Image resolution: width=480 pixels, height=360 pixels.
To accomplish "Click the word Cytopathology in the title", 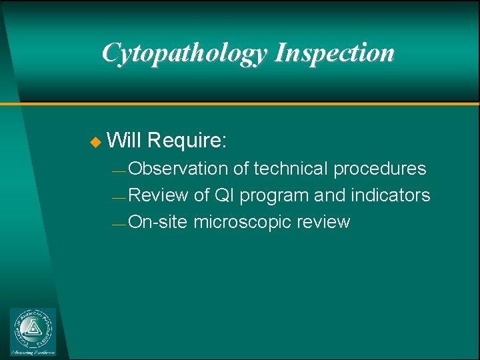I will [183, 53].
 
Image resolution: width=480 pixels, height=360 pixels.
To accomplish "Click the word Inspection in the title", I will [335, 53].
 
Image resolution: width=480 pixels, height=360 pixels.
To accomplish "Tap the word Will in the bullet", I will [124, 141].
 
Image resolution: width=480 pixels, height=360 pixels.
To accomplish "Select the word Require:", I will [188, 141].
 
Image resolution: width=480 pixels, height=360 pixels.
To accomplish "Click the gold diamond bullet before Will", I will [94, 142].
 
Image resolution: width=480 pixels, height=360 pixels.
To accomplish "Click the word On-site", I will [158, 222].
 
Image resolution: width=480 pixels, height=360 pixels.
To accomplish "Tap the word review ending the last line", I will [325, 222].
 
